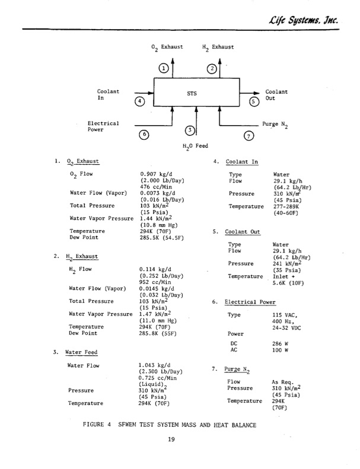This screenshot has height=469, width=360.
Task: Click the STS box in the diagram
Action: coord(192,93)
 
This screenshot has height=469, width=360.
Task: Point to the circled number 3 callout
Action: coord(190,130)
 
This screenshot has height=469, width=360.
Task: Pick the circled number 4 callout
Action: coord(140,101)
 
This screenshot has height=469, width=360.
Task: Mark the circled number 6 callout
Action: coord(144,135)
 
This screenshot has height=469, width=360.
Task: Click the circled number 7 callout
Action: coord(249,136)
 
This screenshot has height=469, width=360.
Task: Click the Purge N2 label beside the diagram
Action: coord(275,125)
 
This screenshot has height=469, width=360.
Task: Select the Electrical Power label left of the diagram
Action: coord(103,126)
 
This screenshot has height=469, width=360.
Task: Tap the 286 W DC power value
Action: coord(280,344)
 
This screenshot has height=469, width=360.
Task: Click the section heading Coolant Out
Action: coord(243,231)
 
